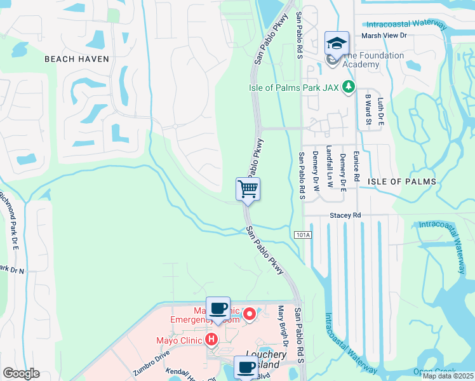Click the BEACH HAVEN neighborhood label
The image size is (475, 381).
77,59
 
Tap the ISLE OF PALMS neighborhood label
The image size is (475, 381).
403,182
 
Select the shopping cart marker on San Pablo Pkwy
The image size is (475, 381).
248,189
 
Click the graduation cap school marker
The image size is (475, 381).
337,43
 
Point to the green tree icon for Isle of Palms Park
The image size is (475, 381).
348,86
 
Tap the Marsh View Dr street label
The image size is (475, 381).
384,36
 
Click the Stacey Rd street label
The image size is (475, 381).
345,216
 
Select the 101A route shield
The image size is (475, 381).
304,235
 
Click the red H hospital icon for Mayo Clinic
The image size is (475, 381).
211,340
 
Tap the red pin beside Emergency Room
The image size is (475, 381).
250,313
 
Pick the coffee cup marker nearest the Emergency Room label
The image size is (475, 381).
218,309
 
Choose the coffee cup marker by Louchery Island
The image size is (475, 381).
246,366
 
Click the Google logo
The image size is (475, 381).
21,373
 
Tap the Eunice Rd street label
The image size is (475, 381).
356,168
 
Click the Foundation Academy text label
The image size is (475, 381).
373,60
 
